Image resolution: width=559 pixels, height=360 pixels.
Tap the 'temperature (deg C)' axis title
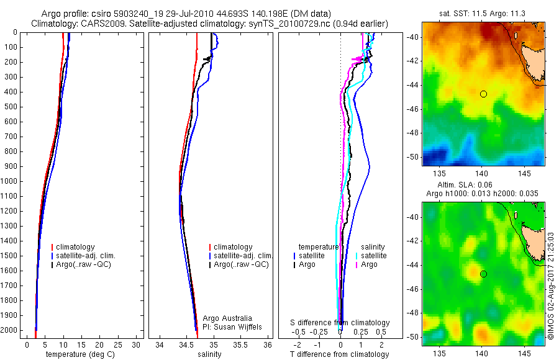coord(80,354)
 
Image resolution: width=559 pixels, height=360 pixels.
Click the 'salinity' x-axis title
coord(209,354)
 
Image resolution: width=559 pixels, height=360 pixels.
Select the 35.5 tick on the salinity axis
coord(241,344)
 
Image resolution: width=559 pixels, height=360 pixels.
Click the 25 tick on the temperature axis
coord(118,344)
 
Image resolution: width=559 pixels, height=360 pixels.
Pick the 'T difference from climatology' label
coord(339,354)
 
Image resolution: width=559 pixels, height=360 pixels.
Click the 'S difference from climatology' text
coord(340,323)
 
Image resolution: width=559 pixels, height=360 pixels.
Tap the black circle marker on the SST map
coord(483,94)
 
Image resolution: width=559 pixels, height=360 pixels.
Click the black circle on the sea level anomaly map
coord(483,274)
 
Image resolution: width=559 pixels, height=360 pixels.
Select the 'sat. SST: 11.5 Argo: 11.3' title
coord(483,13)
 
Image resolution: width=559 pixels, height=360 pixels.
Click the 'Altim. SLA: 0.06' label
coord(483,186)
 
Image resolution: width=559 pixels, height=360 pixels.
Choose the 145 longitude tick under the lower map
coord(524,352)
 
